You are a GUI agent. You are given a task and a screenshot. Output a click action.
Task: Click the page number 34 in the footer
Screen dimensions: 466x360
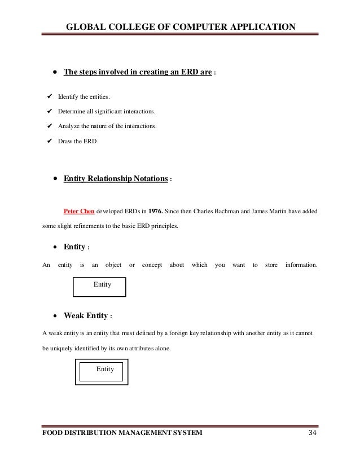(x=311, y=433)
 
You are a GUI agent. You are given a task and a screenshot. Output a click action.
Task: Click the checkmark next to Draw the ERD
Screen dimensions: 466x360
(x=49, y=141)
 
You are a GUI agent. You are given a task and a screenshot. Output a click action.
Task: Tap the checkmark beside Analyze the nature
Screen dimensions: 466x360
(x=49, y=127)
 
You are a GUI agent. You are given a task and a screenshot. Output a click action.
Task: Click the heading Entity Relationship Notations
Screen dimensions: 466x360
(x=116, y=179)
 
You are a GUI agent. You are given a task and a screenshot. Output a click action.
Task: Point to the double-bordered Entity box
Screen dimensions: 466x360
(x=101, y=370)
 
